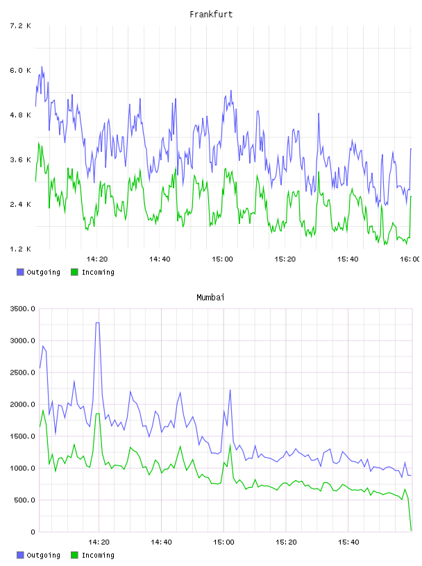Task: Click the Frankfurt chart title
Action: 211,15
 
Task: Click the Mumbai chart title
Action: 210,298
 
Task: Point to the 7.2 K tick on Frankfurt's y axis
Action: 20,26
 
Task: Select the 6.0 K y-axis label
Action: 20,70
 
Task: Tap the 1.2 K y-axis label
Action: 20,249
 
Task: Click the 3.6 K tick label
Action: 20,160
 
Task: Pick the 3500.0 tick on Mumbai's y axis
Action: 22,309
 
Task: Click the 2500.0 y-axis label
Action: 22,372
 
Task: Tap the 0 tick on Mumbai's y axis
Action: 33,532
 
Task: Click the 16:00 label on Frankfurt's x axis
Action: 410,259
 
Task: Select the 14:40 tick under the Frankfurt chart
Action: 160,259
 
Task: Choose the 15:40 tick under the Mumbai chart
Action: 348,542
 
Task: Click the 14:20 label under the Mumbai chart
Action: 99,542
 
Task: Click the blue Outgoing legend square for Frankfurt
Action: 20,272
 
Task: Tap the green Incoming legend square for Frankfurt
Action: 74,272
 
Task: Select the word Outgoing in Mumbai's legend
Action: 43,555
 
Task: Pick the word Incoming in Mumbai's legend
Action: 98,555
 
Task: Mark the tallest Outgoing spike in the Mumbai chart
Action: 97,323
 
